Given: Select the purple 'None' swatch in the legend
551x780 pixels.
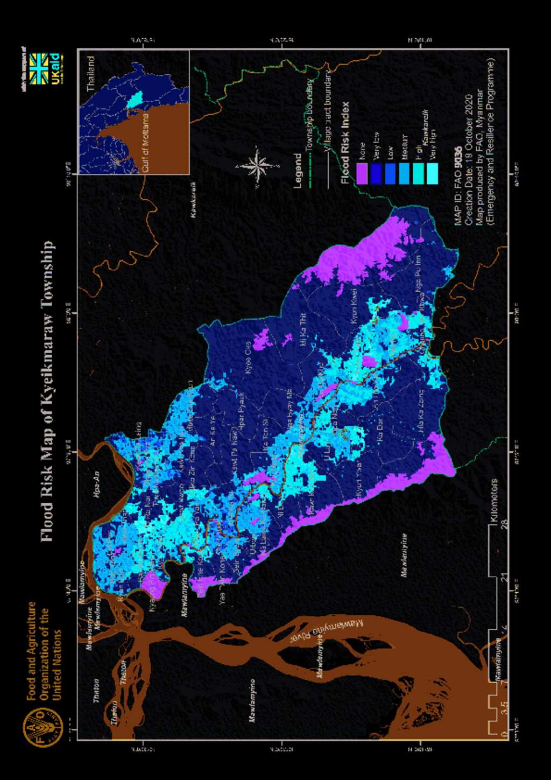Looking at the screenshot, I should (361, 174).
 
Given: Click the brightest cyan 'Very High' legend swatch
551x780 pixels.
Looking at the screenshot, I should (432, 174).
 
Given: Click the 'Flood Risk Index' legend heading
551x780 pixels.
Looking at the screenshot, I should (345, 143).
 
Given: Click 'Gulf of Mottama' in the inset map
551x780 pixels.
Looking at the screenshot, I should (145, 143).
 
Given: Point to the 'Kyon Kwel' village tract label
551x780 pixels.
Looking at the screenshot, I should (354, 306).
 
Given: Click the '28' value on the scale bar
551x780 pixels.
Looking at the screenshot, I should (504, 524).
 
